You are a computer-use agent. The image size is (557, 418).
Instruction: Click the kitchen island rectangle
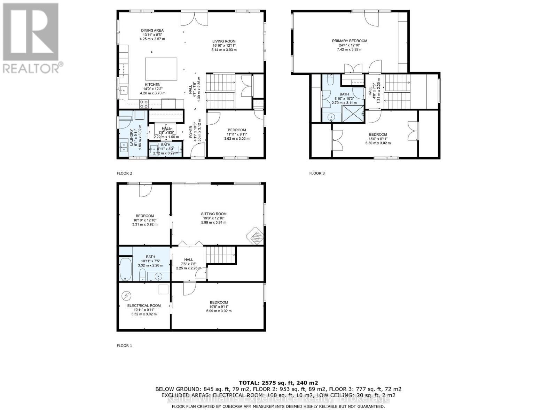pos(161,69)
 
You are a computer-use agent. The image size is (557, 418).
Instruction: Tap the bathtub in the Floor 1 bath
pos(126,269)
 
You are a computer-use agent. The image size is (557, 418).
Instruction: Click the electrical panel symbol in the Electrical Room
pos(126,296)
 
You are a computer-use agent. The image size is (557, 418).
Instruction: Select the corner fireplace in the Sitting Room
pos(256,237)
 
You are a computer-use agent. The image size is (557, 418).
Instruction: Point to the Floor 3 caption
pos(317,173)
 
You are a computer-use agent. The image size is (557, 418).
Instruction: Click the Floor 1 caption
pos(124,346)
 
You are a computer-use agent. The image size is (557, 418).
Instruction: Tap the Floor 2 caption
pos(124,173)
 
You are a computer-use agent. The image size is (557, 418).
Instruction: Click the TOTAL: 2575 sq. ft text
pos(278,382)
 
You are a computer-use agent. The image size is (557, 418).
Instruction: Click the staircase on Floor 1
pos(221,256)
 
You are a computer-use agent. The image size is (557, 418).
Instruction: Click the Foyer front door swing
pos(197,152)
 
